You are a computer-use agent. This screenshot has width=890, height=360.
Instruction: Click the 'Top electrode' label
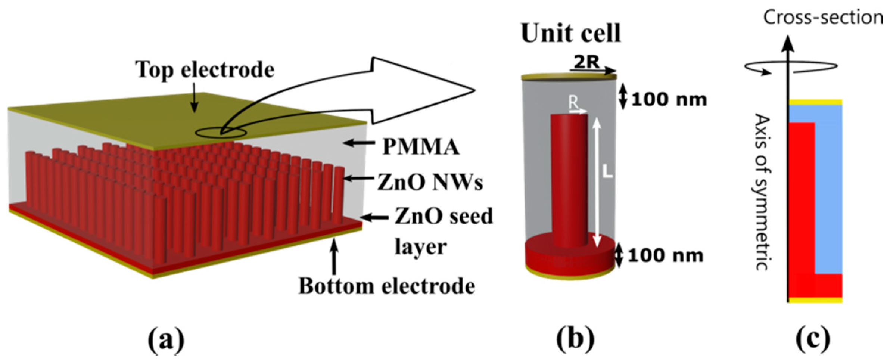tap(205, 70)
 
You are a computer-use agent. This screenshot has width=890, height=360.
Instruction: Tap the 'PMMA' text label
tap(421, 147)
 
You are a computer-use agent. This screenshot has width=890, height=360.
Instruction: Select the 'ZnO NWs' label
tap(430, 183)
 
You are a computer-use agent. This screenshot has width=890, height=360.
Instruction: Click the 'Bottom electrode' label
tap(387, 286)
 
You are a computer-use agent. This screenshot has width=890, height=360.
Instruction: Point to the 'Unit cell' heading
tap(571, 34)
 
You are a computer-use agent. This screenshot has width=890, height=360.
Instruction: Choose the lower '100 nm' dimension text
tap(666, 256)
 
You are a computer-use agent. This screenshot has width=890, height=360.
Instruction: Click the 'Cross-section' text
tap(823, 18)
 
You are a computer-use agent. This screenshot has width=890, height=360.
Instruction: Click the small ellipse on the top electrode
tap(221, 132)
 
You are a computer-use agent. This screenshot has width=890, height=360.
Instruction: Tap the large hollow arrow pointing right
tap(422, 90)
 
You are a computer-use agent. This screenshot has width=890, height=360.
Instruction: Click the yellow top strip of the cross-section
tap(815, 102)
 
